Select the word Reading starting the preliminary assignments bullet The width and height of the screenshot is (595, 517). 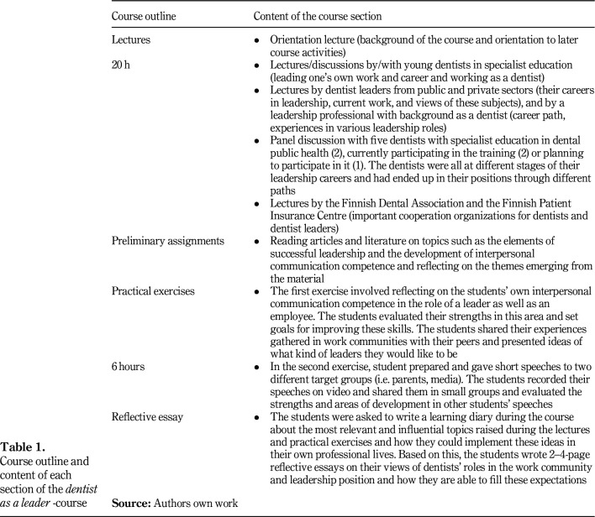click(290, 242)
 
